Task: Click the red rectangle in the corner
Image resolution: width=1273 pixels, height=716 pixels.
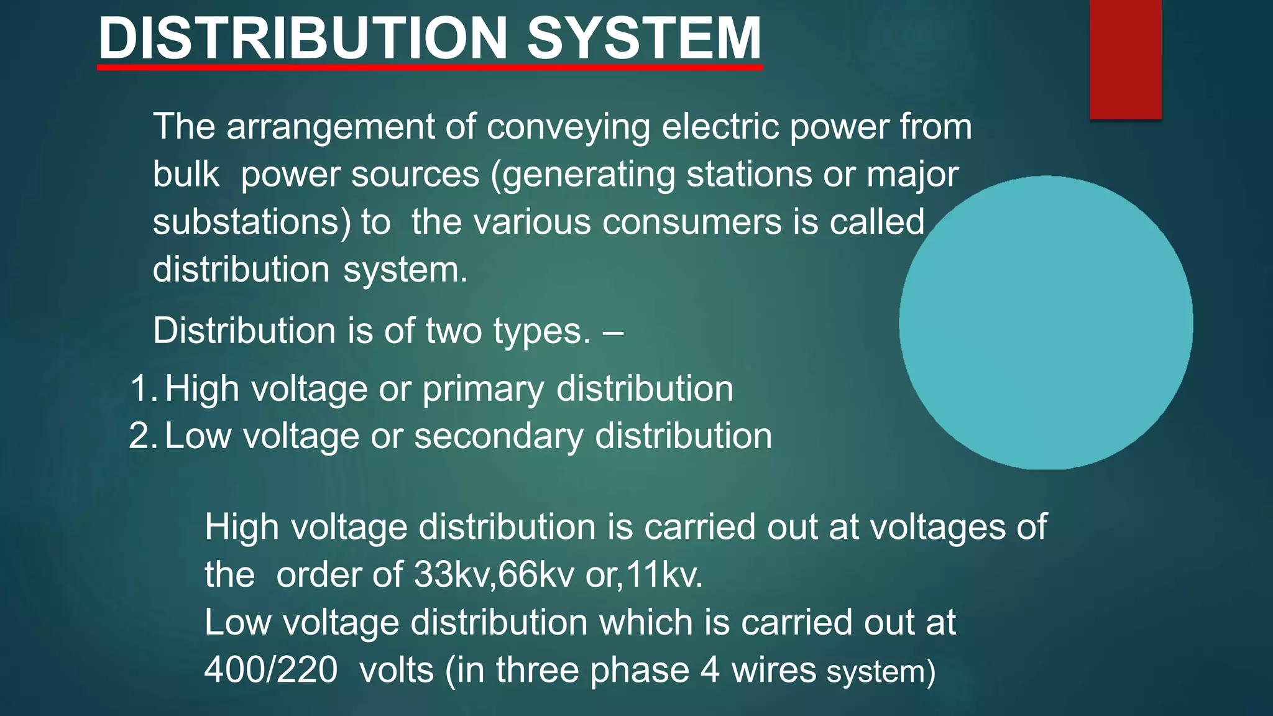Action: point(1125,59)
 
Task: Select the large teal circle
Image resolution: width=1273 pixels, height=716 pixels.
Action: point(1046,323)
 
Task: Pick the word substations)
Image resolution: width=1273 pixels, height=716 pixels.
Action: point(252,223)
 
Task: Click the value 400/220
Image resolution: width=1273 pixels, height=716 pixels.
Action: point(271,670)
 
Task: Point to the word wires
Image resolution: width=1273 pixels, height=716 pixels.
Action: point(773,670)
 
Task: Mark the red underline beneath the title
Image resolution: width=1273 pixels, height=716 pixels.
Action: point(430,67)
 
